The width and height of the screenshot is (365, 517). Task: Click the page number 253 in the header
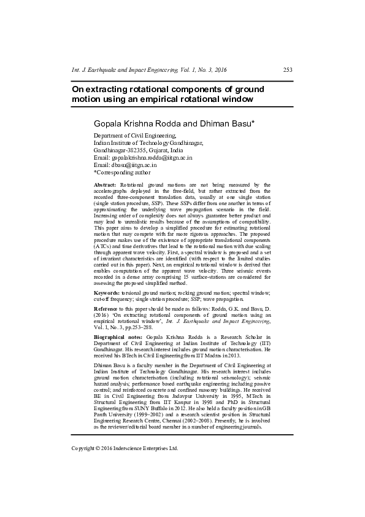287,71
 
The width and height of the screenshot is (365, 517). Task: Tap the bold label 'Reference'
107,308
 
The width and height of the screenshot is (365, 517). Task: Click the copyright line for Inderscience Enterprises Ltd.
125,448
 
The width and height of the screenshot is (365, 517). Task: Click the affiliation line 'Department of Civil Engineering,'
134,135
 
